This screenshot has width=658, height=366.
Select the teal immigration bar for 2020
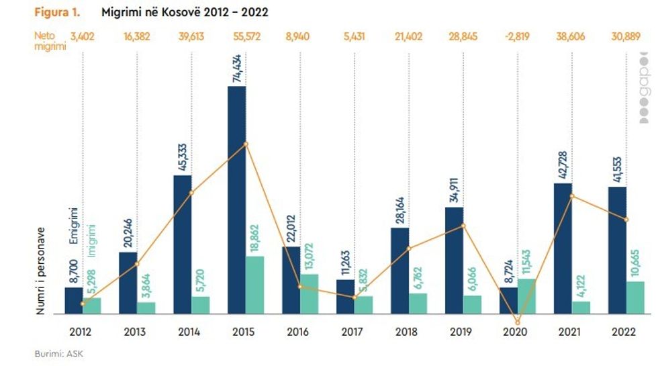point(527,296)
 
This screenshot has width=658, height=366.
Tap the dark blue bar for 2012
point(74,300)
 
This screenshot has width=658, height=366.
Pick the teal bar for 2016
point(310,293)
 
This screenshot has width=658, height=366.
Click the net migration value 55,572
point(246,37)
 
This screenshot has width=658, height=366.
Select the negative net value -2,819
point(517,37)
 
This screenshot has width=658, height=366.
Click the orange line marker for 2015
point(246,144)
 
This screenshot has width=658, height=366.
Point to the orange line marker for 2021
point(572,196)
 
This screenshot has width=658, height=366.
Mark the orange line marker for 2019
point(463,226)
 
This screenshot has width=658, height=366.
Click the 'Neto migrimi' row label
point(50,42)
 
